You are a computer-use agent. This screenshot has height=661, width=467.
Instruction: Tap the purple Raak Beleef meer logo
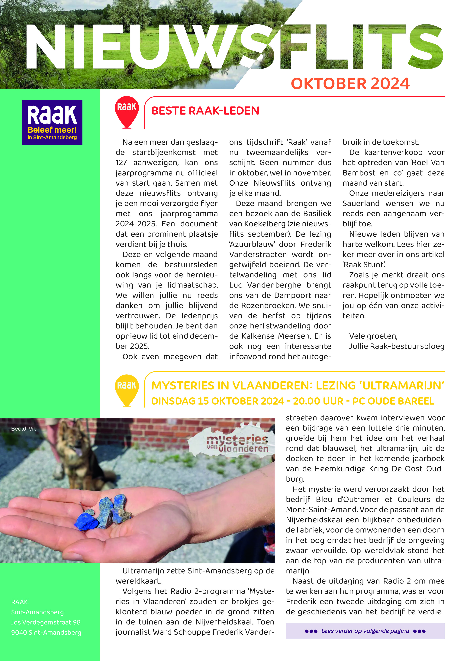52,122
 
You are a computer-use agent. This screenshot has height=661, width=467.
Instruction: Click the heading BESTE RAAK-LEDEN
205,111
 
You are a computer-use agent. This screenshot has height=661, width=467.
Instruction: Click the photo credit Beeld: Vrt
23,429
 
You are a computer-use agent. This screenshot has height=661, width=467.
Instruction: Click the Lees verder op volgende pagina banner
365,631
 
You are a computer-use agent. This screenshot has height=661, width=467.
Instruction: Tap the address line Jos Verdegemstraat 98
46,622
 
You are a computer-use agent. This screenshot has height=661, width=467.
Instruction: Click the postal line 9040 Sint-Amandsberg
46,633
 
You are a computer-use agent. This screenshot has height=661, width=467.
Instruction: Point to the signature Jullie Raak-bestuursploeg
397,346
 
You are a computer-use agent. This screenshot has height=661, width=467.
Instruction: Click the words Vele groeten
373,336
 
